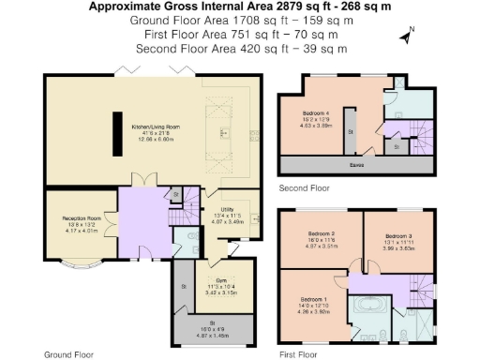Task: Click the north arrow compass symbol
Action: pos(406,37)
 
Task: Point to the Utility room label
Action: pos(227,212)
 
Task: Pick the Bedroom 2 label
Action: pos(322,233)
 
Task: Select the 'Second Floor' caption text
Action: pos(304,188)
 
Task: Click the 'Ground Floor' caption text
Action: pos(67,354)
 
